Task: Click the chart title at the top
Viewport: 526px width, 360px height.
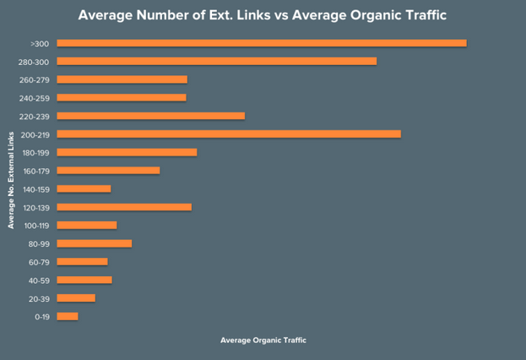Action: pyautogui.click(x=263, y=15)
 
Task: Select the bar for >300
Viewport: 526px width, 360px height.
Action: pyautogui.click(x=262, y=43)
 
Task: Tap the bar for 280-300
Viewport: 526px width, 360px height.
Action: pyautogui.click(x=216, y=61)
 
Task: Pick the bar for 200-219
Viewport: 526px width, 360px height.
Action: pyautogui.click(x=229, y=134)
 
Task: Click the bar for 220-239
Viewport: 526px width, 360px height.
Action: pyautogui.click(x=150, y=116)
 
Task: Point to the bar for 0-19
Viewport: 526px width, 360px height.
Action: pyautogui.click(x=68, y=316)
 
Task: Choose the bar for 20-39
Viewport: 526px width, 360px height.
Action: pyautogui.click(x=76, y=298)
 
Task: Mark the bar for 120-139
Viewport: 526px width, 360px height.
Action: pyautogui.click(x=124, y=207)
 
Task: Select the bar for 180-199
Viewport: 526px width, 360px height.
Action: pyautogui.click(x=127, y=152)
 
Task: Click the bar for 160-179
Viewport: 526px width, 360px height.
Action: pyautogui.click(x=108, y=171)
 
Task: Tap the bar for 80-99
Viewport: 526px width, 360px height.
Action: pyautogui.click(x=94, y=243)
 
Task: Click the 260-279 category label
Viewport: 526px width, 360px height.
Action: pyautogui.click(x=35, y=79)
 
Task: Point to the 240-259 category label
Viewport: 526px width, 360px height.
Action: pyautogui.click(x=35, y=98)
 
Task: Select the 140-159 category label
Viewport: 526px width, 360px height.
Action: pyautogui.click(x=35, y=189)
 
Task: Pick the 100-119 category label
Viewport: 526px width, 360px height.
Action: pyautogui.click(x=35, y=226)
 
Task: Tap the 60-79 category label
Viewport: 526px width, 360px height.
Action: pyautogui.click(x=37, y=262)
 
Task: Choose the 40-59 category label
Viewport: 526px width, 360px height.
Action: pyautogui.click(x=37, y=281)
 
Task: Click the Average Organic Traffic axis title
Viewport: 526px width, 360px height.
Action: pyautogui.click(x=263, y=341)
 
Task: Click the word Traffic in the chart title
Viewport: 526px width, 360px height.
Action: pyautogui.click(x=417, y=15)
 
